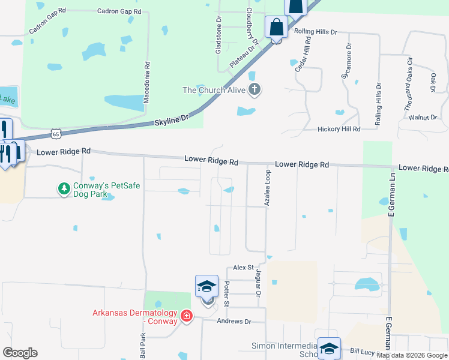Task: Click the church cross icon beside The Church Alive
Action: point(254,90)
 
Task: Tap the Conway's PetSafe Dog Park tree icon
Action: point(63,190)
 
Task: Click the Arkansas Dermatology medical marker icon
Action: point(186,316)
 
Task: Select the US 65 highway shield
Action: point(55,131)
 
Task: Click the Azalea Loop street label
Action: point(268,188)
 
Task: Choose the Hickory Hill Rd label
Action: point(339,129)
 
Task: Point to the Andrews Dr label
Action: point(234,322)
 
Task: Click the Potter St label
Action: point(227,293)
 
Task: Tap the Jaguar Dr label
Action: point(259,283)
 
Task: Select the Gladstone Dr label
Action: point(218,35)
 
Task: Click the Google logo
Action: point(20,353)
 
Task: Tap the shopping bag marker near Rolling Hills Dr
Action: point(276,28)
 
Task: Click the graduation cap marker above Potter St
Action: point(206,286)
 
